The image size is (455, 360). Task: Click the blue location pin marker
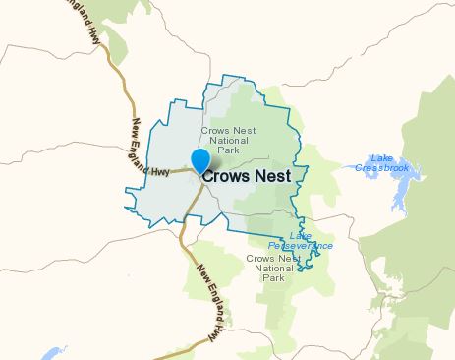pos(200,160)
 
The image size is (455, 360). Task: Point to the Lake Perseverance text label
pos(300,241)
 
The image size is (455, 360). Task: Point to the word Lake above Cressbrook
pos(379,157)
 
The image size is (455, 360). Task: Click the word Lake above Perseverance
pos(301,236)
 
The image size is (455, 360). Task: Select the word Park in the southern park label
pos(272,277)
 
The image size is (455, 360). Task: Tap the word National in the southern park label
pos(272,268)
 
